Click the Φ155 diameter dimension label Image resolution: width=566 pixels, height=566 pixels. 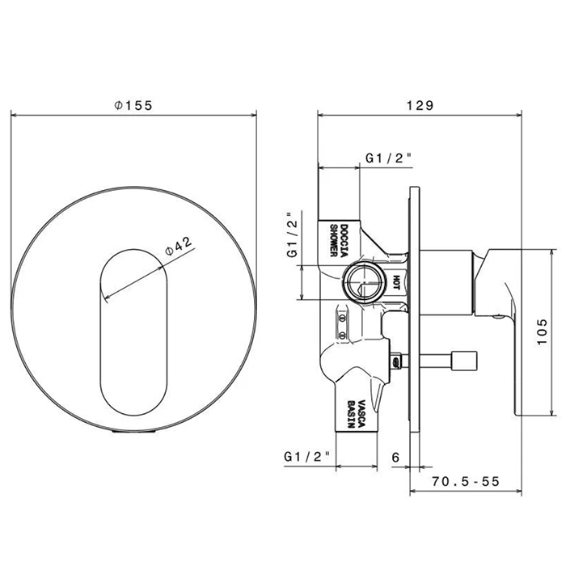133,105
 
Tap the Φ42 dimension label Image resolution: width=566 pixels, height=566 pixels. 179,246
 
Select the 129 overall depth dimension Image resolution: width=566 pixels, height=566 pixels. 420,105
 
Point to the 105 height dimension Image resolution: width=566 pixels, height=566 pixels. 543,332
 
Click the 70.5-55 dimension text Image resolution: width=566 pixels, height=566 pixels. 466,481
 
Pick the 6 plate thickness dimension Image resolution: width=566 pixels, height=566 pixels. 395,458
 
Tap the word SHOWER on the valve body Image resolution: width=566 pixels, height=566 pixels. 333,241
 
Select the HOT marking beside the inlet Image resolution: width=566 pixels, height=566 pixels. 396,282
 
